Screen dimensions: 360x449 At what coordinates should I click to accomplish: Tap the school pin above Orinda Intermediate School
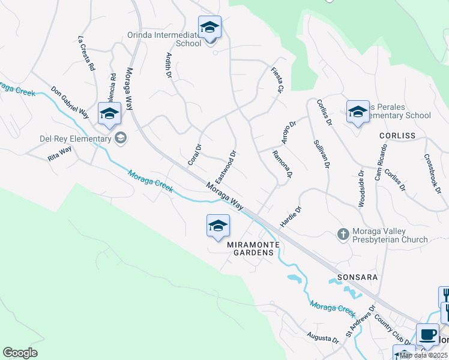pos(209,28)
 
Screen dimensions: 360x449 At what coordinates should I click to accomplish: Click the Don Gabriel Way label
pos(70,103)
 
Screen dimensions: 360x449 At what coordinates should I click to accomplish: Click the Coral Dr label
pos(194,154)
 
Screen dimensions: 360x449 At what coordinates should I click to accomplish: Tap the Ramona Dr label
pos(282,164)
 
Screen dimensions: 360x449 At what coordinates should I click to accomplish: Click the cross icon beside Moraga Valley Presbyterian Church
pos(343,234)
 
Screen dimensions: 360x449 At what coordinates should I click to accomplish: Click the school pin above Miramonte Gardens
pos(218,226)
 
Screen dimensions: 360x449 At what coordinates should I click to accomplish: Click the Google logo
pos(20,353)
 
